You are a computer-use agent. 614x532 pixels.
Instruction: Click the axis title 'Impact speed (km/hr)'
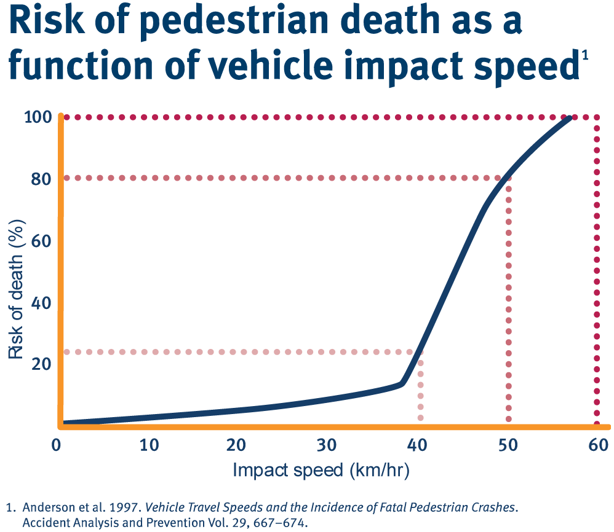click(321, 471)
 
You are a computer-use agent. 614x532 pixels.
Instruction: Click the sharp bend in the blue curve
click(403, 383)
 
